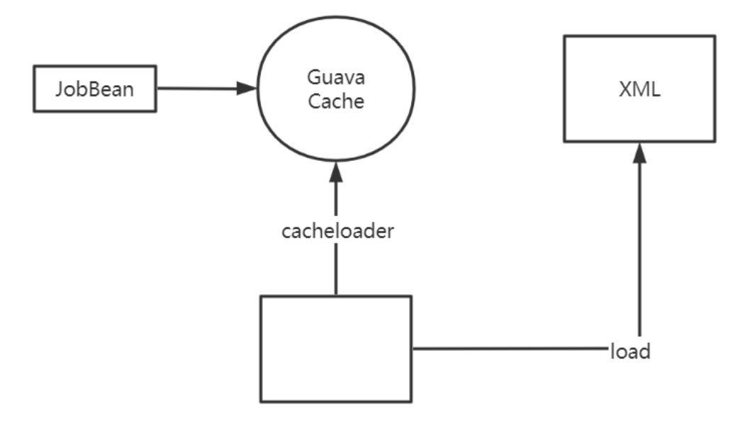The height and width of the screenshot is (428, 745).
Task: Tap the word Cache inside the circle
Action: click(x=335, y=101)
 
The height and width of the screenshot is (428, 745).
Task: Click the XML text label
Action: click(x=639, y=90)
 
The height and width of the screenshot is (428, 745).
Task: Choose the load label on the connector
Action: click(x=630, y=351)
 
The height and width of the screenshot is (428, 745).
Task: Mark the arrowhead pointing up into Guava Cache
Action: click(x=335, y=170)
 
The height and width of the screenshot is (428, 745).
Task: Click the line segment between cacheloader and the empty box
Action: click(x=335, y=269)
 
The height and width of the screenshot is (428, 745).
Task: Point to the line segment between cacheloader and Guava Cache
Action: click(x=335, y=198)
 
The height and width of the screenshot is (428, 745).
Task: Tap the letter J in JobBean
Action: click(x=60, y=90)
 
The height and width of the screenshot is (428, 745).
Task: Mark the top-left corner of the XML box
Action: click(x=564, y=36)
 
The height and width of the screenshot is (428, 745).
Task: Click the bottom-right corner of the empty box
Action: click(x=411, y=402)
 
